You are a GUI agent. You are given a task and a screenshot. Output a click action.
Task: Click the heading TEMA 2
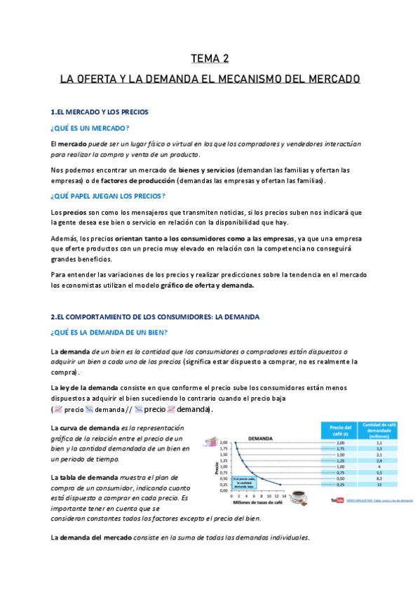pos(210,58)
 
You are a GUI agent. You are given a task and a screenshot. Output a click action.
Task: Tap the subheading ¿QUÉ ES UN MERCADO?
pos(90,128)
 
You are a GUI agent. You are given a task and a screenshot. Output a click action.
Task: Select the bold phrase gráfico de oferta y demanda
pos(203,286)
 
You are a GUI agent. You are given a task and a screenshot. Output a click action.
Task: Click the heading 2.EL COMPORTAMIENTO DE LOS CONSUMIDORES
pos(156,316)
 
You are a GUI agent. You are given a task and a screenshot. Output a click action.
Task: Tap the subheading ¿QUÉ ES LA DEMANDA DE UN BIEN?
pos(109,333)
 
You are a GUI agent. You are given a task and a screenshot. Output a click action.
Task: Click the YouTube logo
pos(339,500)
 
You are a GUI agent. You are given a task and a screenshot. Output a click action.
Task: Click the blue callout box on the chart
pos(243,481)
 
